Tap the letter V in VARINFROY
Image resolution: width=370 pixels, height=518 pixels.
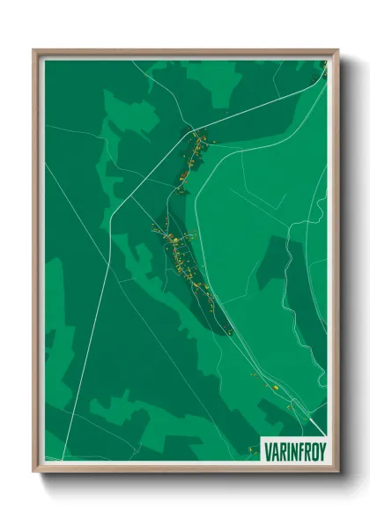(x=267, y=451)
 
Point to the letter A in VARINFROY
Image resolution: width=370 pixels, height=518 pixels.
(x=273, y=451)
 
